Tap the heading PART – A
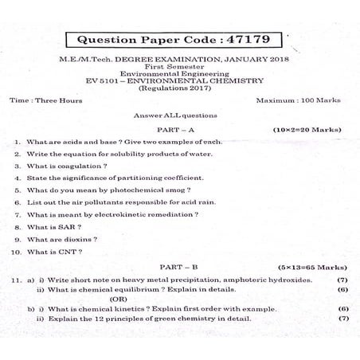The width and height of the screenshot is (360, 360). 180,128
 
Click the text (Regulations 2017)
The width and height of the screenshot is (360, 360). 180,88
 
